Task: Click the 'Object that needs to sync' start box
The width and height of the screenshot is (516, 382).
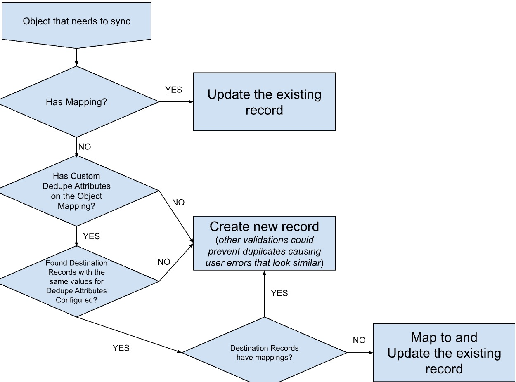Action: [x=76, y=21]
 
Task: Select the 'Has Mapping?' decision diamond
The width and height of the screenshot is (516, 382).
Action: [x=76, y=101]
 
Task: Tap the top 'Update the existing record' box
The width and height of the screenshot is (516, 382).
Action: [x=264, y=102]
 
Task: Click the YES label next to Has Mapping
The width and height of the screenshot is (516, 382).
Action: [x=173, y=90]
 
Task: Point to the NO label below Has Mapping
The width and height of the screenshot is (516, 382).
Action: [x=84, y=146]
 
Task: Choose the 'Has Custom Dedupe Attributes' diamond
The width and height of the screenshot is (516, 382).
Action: [x=76, y=191]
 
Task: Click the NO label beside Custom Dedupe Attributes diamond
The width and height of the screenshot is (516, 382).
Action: [x=178, y=203]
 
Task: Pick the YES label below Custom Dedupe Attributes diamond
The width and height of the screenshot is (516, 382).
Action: [x=91, y=236]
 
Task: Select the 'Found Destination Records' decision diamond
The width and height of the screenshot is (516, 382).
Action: [x=76, y=281]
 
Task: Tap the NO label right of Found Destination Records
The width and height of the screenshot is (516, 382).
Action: [x=164, y=262]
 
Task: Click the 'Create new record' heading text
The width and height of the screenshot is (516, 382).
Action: [x=264, y=226]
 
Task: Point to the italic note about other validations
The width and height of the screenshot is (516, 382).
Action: [x=264, y=251]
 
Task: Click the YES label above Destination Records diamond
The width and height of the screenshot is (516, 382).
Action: [x=279, y=293]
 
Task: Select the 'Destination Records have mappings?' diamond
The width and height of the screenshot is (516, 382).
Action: [x=264, y=353]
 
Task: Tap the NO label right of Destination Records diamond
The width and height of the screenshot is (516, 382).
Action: [x=359, y=340]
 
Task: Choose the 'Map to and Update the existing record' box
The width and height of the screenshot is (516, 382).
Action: [x=444, y=353]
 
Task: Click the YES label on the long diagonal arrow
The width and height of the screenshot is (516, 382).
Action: [x=121, y=348]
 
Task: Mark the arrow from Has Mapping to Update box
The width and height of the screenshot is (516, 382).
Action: [x=176, y=101]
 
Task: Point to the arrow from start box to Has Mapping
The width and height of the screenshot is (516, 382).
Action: [x=77, y=57]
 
